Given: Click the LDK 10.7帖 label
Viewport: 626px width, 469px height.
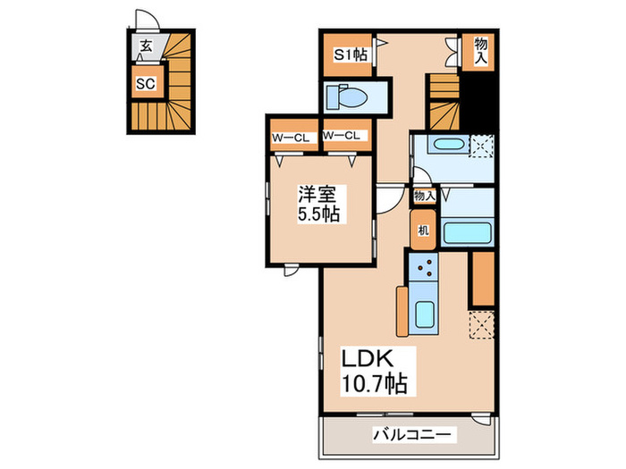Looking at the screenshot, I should click(x=375, y=373).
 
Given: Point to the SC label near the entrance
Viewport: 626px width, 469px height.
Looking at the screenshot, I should click(x=146, y=84).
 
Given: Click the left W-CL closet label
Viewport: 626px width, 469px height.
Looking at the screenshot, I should click(x=290, y=136).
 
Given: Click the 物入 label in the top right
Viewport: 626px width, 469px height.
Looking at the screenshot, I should click(x=481, y=50).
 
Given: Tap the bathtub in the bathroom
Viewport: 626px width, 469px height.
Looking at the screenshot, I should click(x=468, y=232).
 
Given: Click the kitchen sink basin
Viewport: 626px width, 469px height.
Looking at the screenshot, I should click(x=426, y=314).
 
